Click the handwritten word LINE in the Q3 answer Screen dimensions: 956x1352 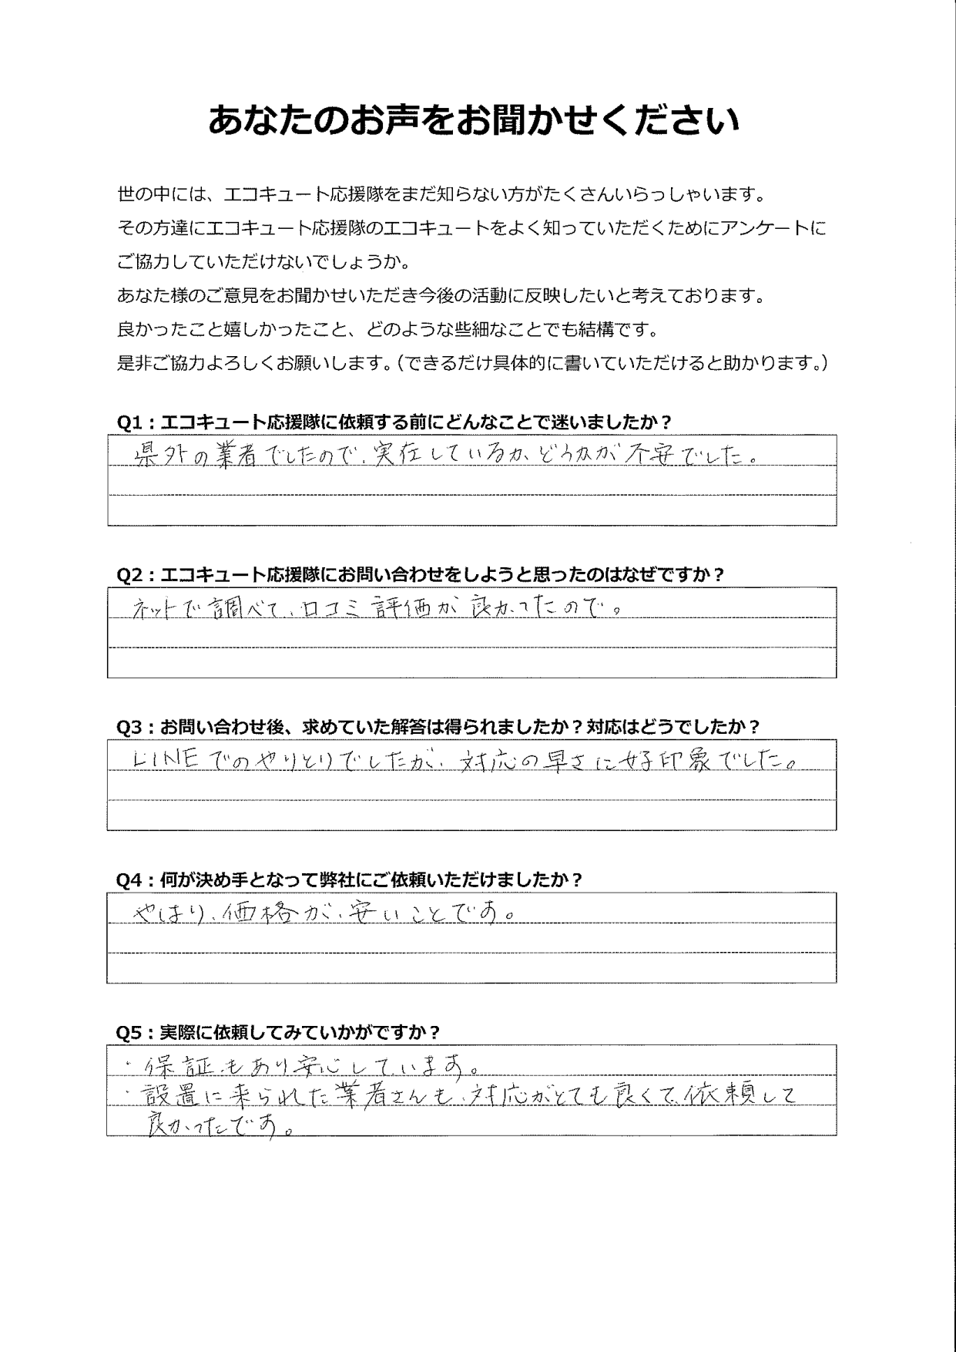[166, 760]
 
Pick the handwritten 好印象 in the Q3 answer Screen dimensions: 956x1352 [677, 760]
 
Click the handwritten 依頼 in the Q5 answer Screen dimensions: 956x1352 [719, 1094]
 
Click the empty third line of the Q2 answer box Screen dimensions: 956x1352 [471, 662]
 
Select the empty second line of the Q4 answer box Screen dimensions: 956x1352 [471, 938]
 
